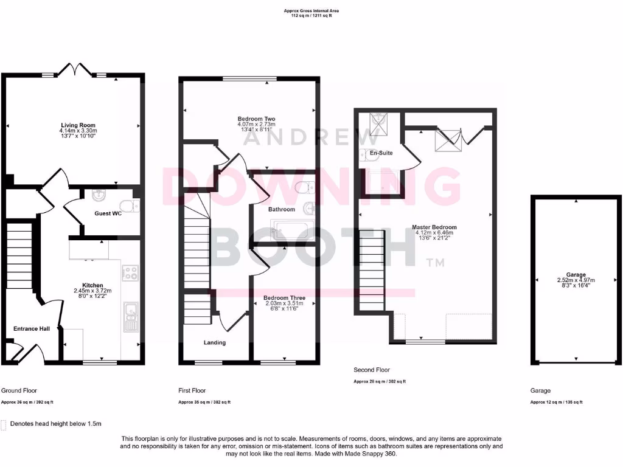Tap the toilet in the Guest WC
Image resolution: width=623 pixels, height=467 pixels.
pyautogui.click(x=128, y=204)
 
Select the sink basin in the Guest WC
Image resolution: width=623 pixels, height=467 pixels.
pyautogui.click(x=98, y=196)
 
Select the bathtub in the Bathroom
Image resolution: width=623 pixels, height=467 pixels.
pyautogui.click(x=293, y=230)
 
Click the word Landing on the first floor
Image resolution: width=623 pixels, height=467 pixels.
pyautogui.click(x=215, y=342)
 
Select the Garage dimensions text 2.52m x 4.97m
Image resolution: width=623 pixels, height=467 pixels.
pyautogui.click(x=576, y=280)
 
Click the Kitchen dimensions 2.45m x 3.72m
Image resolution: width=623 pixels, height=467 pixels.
pyautogui.click(x=92, y=291)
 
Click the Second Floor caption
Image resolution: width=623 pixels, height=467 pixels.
pyautogui.click(x=372, y=370)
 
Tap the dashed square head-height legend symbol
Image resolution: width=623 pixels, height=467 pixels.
pyautogui.click(x=4, y=424)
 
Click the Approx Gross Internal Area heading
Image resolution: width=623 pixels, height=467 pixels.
pyautogui.click(x=311, y=10)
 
